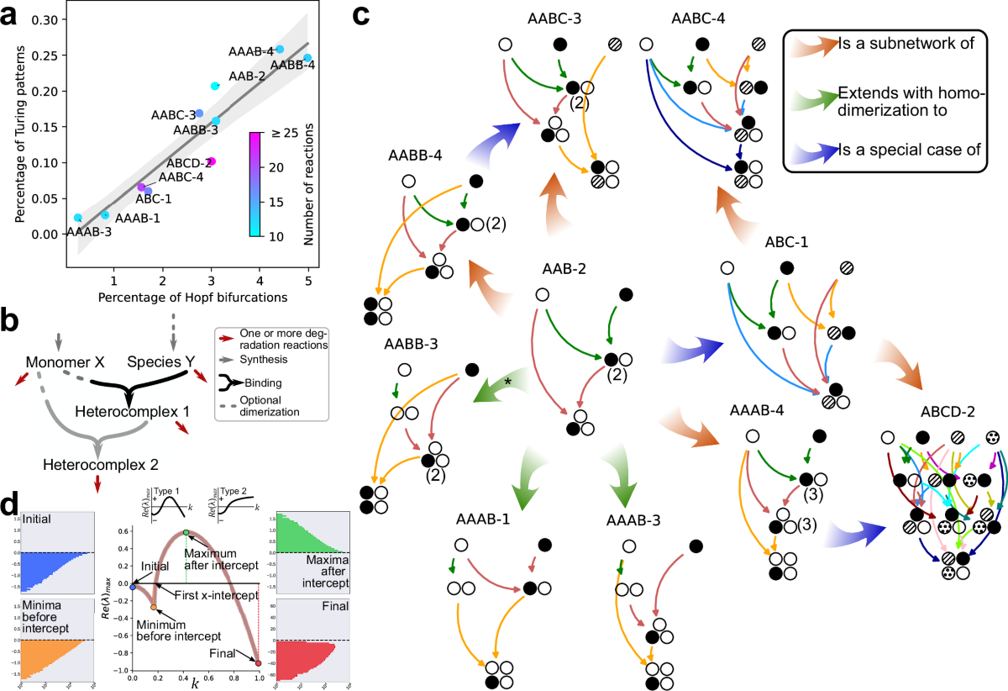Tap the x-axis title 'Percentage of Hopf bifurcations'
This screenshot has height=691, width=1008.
187,297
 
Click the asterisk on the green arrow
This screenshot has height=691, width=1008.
507,382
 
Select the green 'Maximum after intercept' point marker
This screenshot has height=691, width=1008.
186,509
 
